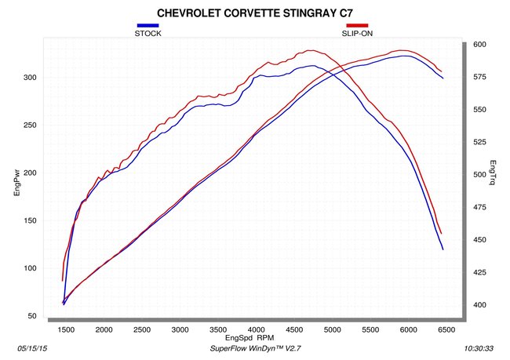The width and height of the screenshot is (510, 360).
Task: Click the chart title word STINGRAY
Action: tap(311, 13)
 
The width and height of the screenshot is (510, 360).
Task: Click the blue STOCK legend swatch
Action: tap(148, 25)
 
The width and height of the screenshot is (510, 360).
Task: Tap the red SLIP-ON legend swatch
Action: tap(357, 25)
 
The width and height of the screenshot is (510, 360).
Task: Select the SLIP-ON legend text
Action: tap(357, 34)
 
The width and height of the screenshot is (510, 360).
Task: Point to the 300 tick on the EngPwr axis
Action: tap(30, 78)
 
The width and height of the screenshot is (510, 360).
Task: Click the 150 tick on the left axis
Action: tap(30, 220)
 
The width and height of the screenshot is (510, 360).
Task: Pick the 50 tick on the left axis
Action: tap(32, 316)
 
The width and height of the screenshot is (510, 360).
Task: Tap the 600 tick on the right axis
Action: tap(479, 45)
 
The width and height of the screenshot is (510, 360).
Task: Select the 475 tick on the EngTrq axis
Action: tap(479, 207)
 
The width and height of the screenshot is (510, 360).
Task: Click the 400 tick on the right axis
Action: tap(479, 305)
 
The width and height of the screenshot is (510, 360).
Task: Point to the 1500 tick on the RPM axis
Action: tap(66, 329)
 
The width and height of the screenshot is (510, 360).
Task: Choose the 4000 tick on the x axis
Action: tap(256, 329)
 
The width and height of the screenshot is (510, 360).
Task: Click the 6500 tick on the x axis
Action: tap(446, 329)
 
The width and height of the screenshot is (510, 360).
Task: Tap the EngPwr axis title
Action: tap(17, 182)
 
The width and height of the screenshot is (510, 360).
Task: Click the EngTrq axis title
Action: tap(493, 173)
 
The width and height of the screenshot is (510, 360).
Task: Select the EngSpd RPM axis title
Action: tap(250, 338)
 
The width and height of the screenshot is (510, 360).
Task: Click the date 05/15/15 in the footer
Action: tap(32, 348)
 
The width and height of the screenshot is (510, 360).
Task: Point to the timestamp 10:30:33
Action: tap(479, 348)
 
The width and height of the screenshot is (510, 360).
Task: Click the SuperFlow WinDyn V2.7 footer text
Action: tap(255, 348)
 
